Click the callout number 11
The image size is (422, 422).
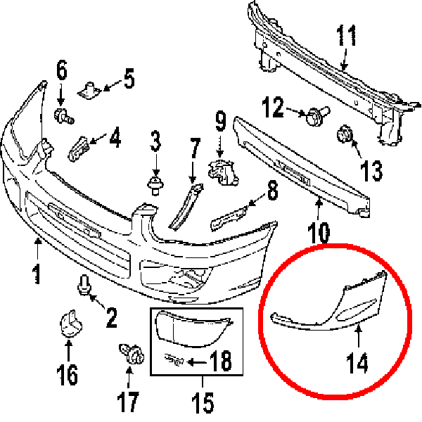tap(346, 36)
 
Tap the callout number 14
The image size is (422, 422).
tap(357, 363)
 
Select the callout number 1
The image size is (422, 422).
tap(37, 274)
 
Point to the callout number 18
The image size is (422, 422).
tap(220, 361)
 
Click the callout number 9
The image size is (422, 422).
tap(221, 122)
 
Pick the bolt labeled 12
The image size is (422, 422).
tap(318, 116)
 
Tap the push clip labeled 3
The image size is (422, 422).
tap(155, 185)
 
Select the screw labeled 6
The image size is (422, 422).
tap(64, 116)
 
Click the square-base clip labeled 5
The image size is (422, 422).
tap(89, 91)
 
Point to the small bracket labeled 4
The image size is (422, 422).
tap(79, 148)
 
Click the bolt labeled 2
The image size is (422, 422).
tap(84, 285)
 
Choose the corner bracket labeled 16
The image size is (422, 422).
tap(70, 324)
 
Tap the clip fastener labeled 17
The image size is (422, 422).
tap(132, 353)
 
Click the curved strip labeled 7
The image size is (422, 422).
tap(186, 207)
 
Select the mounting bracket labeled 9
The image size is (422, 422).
tap(224, 172)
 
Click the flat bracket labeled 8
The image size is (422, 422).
tap(229, 218)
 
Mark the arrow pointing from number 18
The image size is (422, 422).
tap(196, 362)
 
